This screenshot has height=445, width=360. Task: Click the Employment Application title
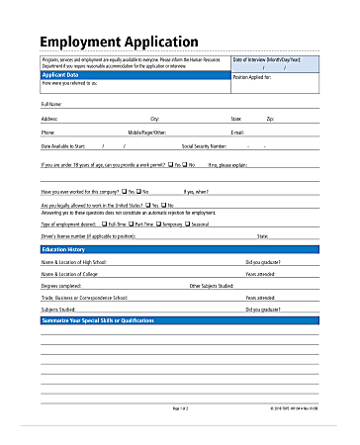[119, 42]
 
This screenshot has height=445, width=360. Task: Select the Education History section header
[70, 251]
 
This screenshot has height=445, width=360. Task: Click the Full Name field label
[51, 104]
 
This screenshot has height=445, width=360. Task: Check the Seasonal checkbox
[188, 224]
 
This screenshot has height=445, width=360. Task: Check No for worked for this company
[140, 190]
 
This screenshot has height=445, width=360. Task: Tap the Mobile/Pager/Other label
[147, 132]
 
